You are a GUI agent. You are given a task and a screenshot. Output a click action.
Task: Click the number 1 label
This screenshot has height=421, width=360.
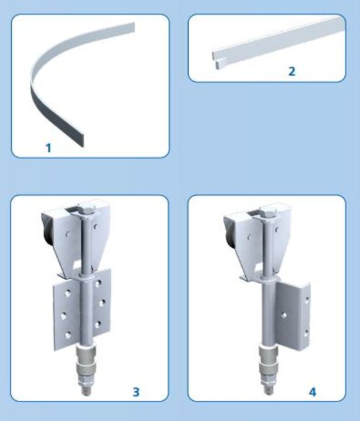(x=48, y=148)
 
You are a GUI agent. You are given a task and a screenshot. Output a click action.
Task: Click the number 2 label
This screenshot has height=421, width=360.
(x=291, y=71)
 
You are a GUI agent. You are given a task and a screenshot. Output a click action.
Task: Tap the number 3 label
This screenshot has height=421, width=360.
(x=136, y=392)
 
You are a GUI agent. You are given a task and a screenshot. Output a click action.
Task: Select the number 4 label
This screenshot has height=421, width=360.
(x=313, y=392)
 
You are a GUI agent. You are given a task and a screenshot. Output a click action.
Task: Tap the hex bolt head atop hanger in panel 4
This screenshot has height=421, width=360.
(x=269, y=211)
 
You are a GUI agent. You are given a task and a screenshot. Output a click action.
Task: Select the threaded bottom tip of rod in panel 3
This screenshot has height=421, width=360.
(x=86, y=391)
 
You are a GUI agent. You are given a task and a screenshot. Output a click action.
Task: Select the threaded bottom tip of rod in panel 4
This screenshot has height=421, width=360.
(x=267, y=389)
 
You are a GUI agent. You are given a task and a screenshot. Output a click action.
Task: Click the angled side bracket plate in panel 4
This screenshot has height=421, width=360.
(x=293, y=317)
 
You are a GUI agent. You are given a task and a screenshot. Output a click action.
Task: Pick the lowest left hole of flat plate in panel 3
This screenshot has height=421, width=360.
(x=68, y=335)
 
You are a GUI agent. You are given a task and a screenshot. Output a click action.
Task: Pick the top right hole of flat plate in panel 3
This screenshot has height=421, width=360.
(x=99, y=283)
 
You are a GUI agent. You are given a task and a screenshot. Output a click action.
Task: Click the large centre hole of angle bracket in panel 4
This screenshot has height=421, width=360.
(x=283, y=315)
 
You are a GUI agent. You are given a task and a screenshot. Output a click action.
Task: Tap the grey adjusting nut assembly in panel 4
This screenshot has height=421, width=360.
(x=268, y=363)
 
